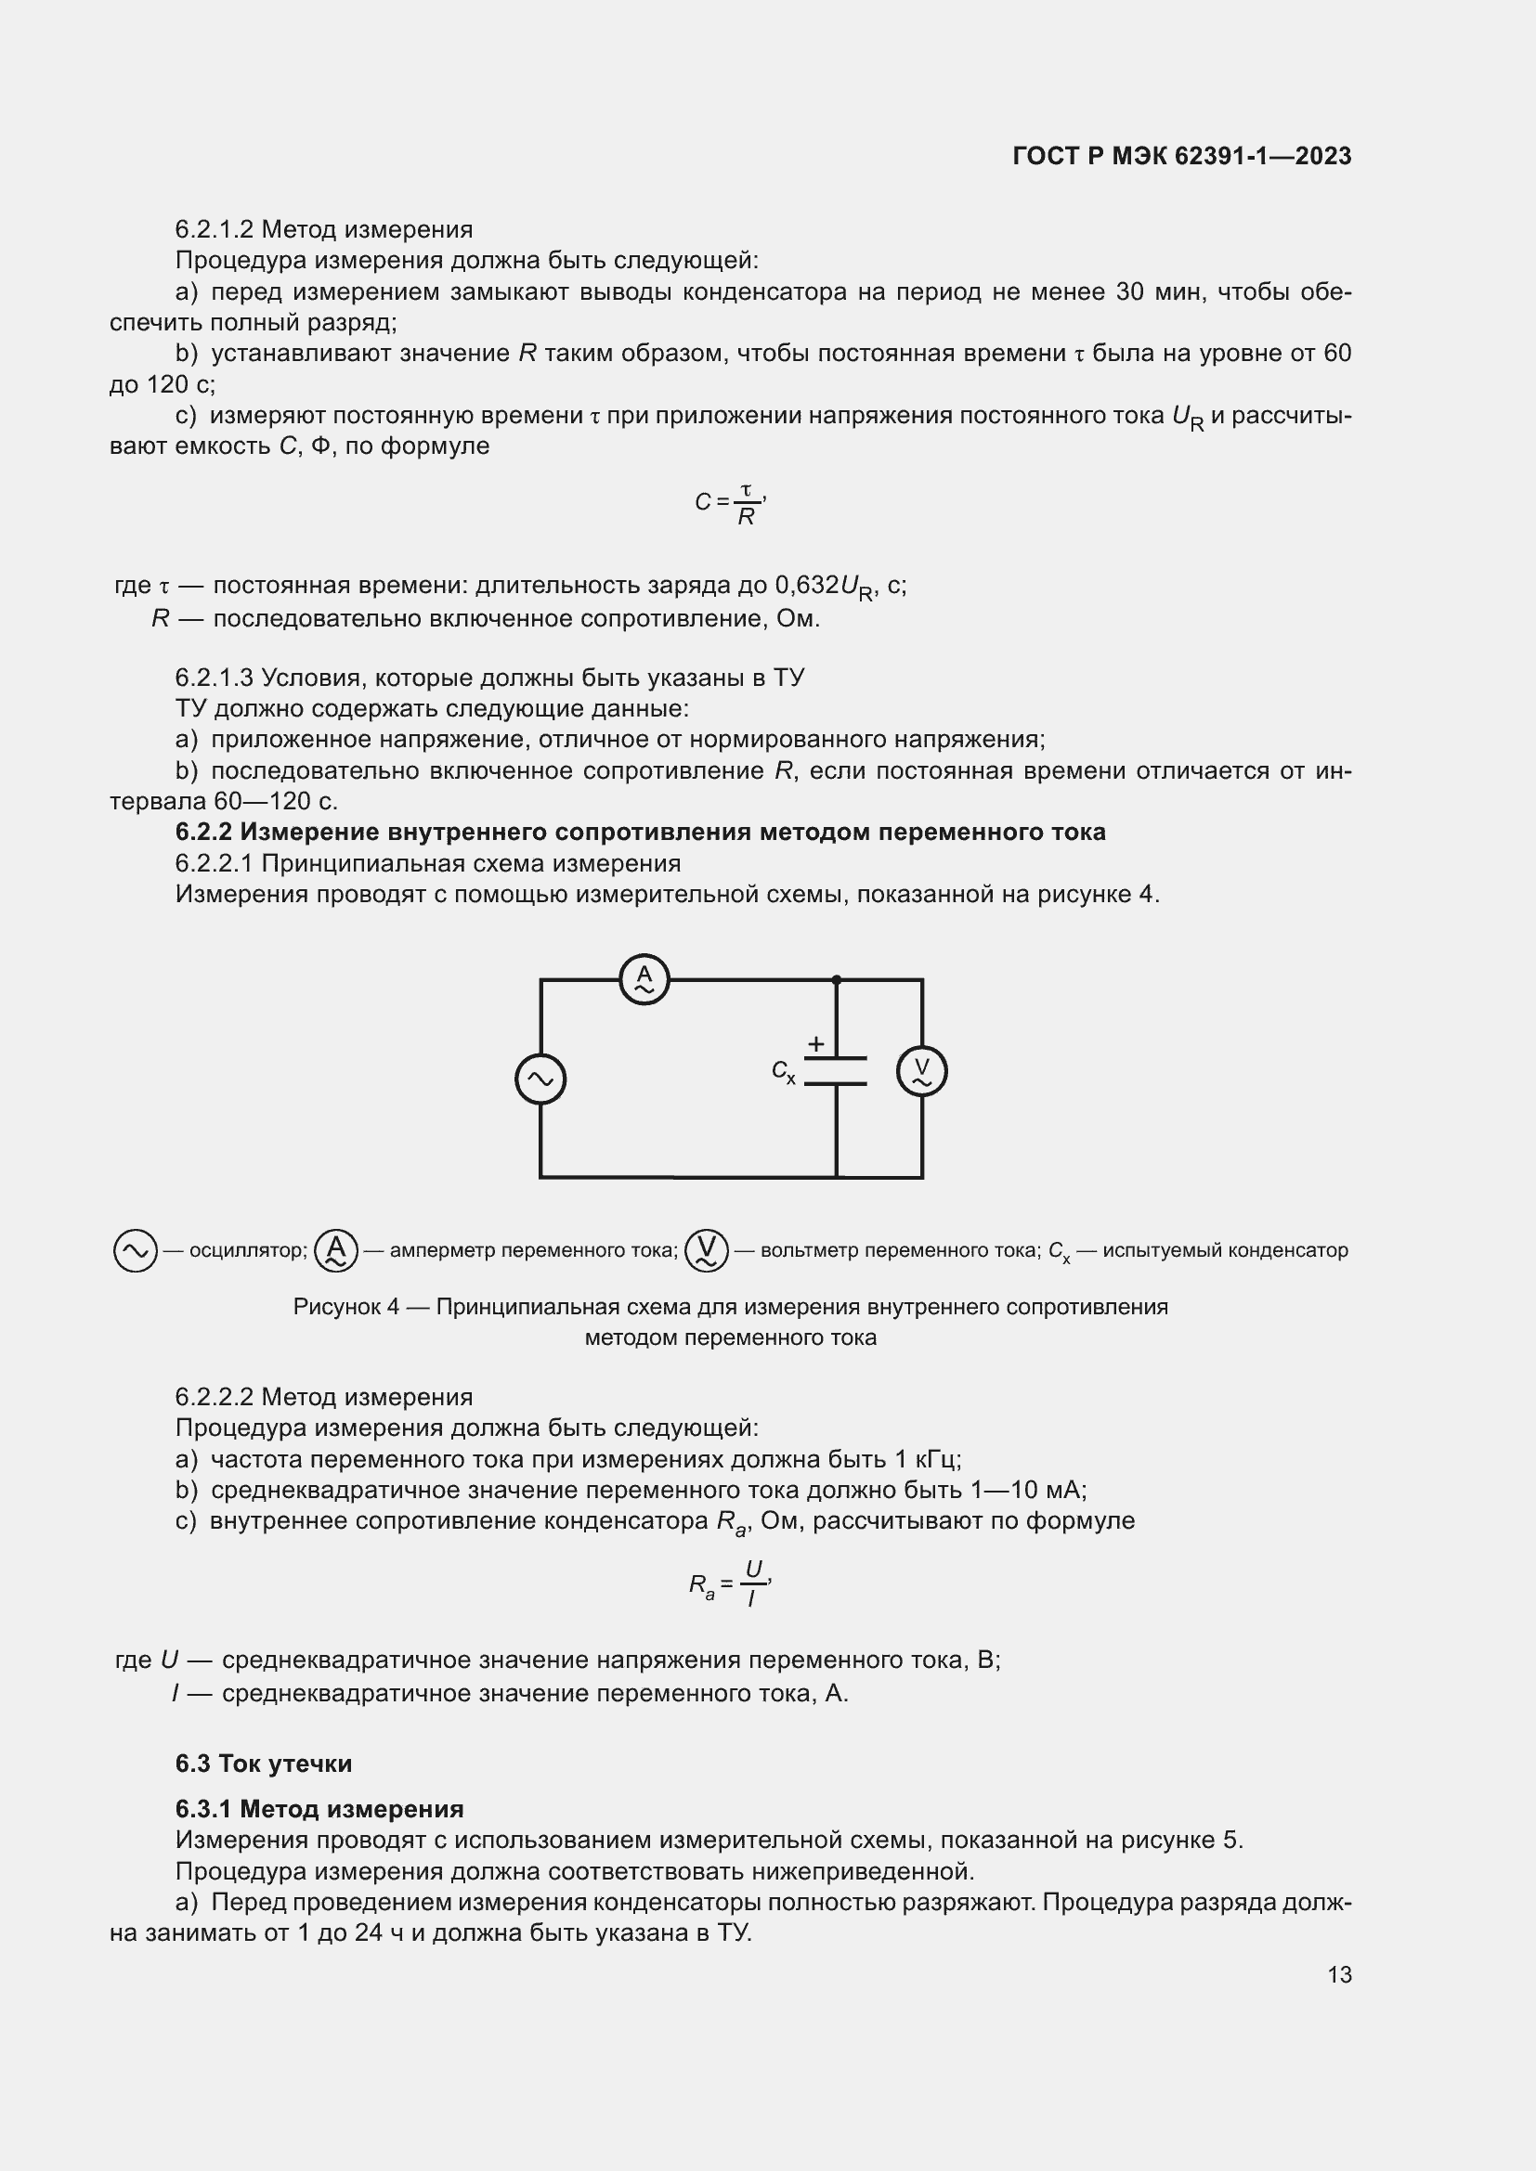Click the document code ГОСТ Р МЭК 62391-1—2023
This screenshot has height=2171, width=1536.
1181,156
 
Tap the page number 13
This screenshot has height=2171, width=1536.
1339,1974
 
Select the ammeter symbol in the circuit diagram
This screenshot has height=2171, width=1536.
644,979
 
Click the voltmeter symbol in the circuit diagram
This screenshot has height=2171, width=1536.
922,1071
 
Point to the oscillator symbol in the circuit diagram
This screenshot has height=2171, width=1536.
540,1079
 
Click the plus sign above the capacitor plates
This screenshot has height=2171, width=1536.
815,1044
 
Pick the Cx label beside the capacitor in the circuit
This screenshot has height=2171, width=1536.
783,1071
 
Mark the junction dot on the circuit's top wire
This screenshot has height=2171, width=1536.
836,979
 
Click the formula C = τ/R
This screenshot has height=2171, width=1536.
729,503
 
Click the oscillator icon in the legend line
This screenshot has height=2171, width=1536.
136,1250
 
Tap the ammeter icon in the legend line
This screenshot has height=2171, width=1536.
336,1250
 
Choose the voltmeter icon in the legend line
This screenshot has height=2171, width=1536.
707,1250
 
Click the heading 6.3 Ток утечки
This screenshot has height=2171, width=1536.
263,1764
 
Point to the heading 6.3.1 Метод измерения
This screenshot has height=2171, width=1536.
319,1809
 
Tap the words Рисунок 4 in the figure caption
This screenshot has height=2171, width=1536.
346,1307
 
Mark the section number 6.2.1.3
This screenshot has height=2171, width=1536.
214,678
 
